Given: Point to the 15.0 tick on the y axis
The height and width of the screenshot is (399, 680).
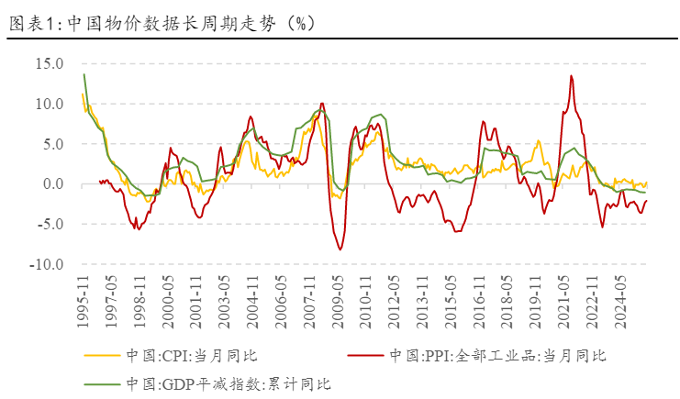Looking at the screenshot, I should (50, 64).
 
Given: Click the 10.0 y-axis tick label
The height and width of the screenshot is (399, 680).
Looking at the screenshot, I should (50, 105).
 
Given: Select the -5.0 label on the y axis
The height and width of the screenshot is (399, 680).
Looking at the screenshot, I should (50, 225).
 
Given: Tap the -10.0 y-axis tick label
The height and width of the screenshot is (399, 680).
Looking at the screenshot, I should (47, 265).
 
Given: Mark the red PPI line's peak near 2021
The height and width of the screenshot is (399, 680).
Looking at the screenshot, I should (571, 76).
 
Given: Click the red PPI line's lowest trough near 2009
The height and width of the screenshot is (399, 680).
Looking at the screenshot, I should (340, 249).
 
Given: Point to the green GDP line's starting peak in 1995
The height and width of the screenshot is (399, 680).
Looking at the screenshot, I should (84, 74).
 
